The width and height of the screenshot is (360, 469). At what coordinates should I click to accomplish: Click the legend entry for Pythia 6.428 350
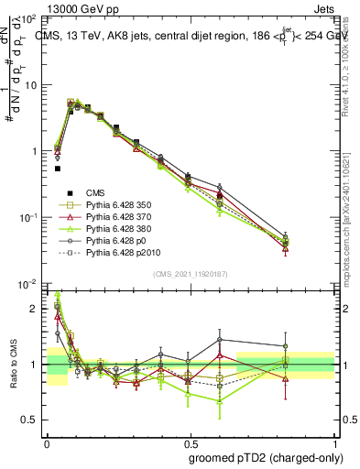coord(115,204)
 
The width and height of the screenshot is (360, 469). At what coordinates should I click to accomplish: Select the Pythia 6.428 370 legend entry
coord(115,216)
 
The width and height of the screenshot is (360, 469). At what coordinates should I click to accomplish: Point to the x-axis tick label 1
coord(333,441)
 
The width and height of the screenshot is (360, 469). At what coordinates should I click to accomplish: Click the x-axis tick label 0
coord(47,441)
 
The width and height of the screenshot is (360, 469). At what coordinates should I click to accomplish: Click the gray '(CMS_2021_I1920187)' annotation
coord(190,274)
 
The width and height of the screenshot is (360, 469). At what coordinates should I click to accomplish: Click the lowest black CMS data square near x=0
coord(58,169)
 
